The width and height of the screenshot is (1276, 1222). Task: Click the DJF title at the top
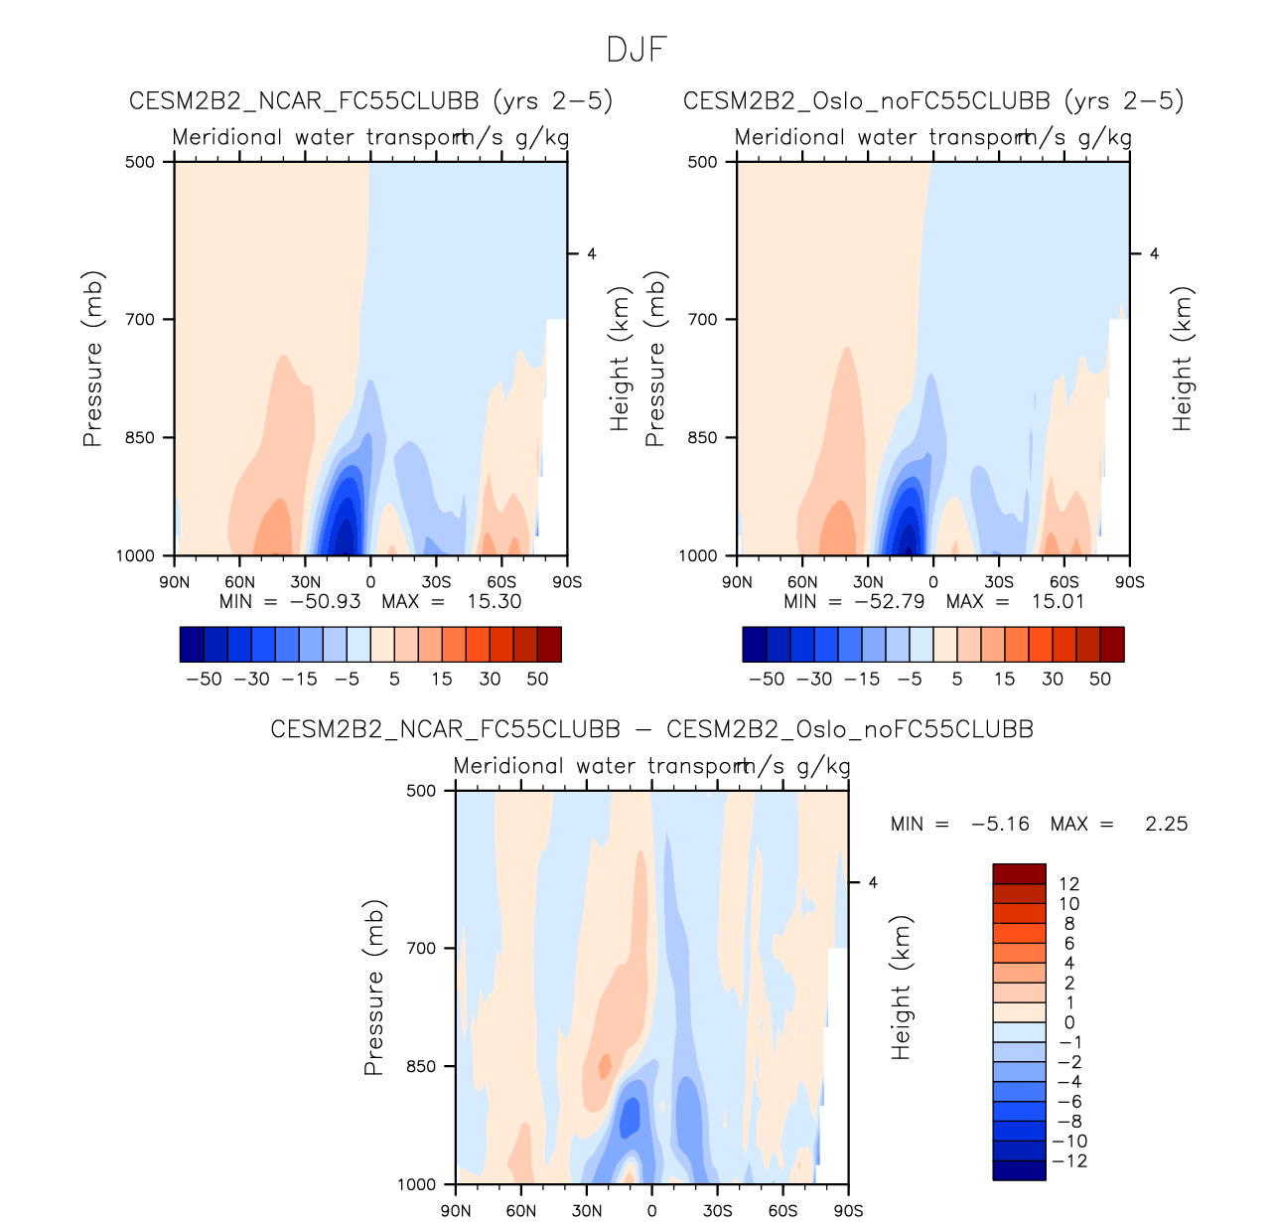coord(637,50)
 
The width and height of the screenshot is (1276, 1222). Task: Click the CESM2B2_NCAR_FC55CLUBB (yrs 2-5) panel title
coord(370,101)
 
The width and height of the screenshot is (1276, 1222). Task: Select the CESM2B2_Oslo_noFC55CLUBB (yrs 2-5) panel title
coord(933,101)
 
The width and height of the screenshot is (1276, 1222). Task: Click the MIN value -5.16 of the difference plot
coord(1000,824)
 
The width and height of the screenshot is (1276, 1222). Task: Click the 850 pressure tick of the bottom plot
coord(421,1066)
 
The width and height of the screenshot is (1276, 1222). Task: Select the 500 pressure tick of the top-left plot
coord(140,162)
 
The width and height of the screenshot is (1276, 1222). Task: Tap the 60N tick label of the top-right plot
coord(802,582)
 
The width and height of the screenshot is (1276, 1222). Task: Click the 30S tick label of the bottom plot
coord(717,1211)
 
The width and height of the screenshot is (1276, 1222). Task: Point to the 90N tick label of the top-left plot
coord(175,582)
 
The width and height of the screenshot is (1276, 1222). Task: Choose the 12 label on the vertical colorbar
coord(1068,884)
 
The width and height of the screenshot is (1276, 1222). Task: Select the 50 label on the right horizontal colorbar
coord(1100,680)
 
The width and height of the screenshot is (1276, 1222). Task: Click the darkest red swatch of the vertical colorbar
coord(1019,873)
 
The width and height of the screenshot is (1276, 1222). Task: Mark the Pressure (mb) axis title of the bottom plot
coord(373,988)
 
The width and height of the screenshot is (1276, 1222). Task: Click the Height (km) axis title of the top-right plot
coord(1182,359)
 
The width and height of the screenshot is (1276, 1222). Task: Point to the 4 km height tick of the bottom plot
coord(873,882)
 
